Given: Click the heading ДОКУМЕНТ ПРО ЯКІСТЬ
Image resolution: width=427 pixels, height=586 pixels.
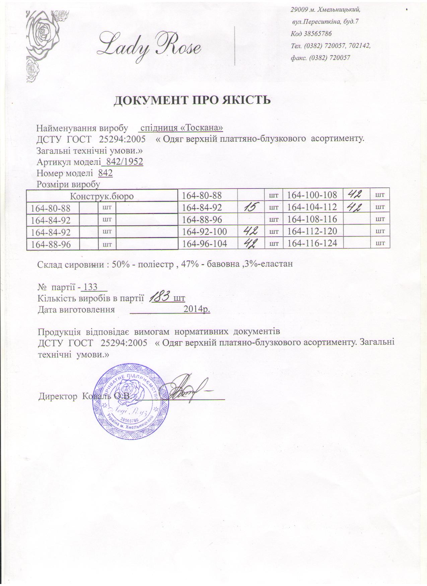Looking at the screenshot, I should point(192,100).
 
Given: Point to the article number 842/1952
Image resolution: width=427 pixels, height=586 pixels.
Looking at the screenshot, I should point(124,162).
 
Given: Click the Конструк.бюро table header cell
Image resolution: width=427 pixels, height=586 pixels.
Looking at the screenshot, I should point(102,197).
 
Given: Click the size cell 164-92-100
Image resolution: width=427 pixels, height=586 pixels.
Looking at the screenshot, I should point(204,231).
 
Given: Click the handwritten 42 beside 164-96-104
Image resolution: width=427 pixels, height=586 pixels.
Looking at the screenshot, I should point(250,243).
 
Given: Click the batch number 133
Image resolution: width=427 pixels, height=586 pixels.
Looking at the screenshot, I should point(90,287).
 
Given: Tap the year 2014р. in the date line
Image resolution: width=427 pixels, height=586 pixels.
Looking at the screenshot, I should point(197,309).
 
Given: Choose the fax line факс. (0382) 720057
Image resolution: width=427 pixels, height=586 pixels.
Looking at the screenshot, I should point(321,58).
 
